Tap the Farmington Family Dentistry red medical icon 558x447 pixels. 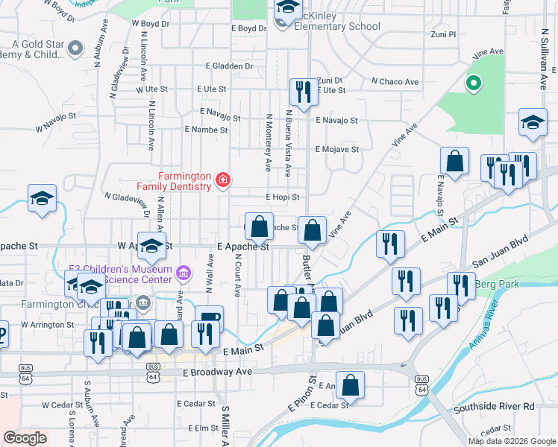222,180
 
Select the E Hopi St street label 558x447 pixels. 283,197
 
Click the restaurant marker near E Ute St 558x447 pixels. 302,92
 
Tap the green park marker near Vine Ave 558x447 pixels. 472,83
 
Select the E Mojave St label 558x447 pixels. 336,149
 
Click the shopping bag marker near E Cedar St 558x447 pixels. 350,385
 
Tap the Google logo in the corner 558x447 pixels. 25,437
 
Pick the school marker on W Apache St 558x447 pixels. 151,247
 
